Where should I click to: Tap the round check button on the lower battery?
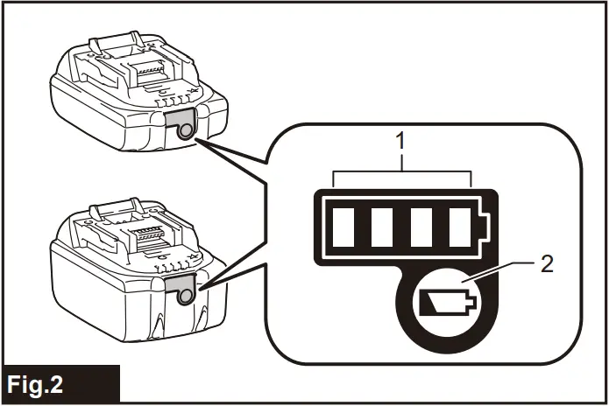[x=185, y=296]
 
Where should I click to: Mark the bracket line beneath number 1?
[x=402, y=173]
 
